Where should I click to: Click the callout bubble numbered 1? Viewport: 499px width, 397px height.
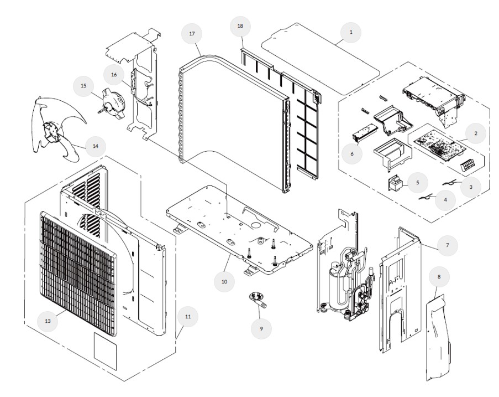[350, 33]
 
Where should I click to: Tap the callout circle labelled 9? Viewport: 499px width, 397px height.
[261, 328]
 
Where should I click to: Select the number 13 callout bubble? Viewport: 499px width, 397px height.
[48, 320]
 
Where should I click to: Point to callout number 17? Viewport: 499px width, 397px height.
[192, 34]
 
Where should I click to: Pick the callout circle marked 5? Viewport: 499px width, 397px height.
[418, 182]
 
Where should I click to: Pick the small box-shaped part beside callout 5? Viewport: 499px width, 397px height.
[396, 182]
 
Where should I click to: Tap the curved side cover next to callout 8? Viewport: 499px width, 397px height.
[440, 332]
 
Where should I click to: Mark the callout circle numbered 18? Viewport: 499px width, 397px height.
[240, 26]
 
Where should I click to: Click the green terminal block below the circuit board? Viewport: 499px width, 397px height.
[470, 164]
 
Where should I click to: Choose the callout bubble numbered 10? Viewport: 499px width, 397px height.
[224, 281]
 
